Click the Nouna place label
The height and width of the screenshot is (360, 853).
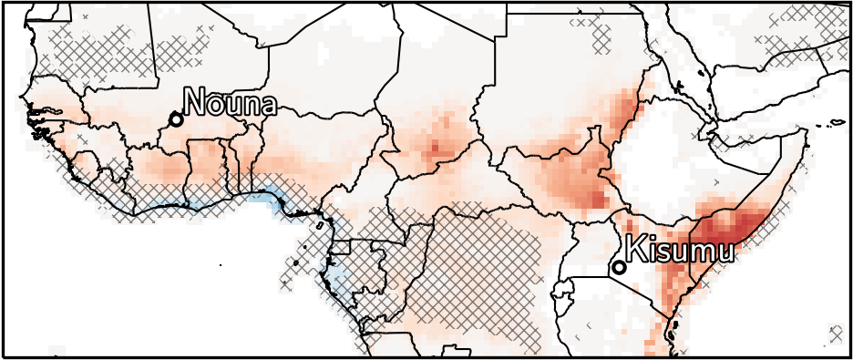click(x=230, y=102)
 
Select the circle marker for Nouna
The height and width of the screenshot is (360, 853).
click(x=176, y=119)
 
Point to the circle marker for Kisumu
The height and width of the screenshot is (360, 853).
click(x=619, y=267)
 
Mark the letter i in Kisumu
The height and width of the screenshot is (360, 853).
click(x=654, y=248)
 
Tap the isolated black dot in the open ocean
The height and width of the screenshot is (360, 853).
click(x=221, y=264)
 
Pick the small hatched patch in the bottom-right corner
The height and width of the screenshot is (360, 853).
click(x=835, y=333)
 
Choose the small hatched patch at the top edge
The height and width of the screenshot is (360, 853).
click(x=601, y=36)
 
